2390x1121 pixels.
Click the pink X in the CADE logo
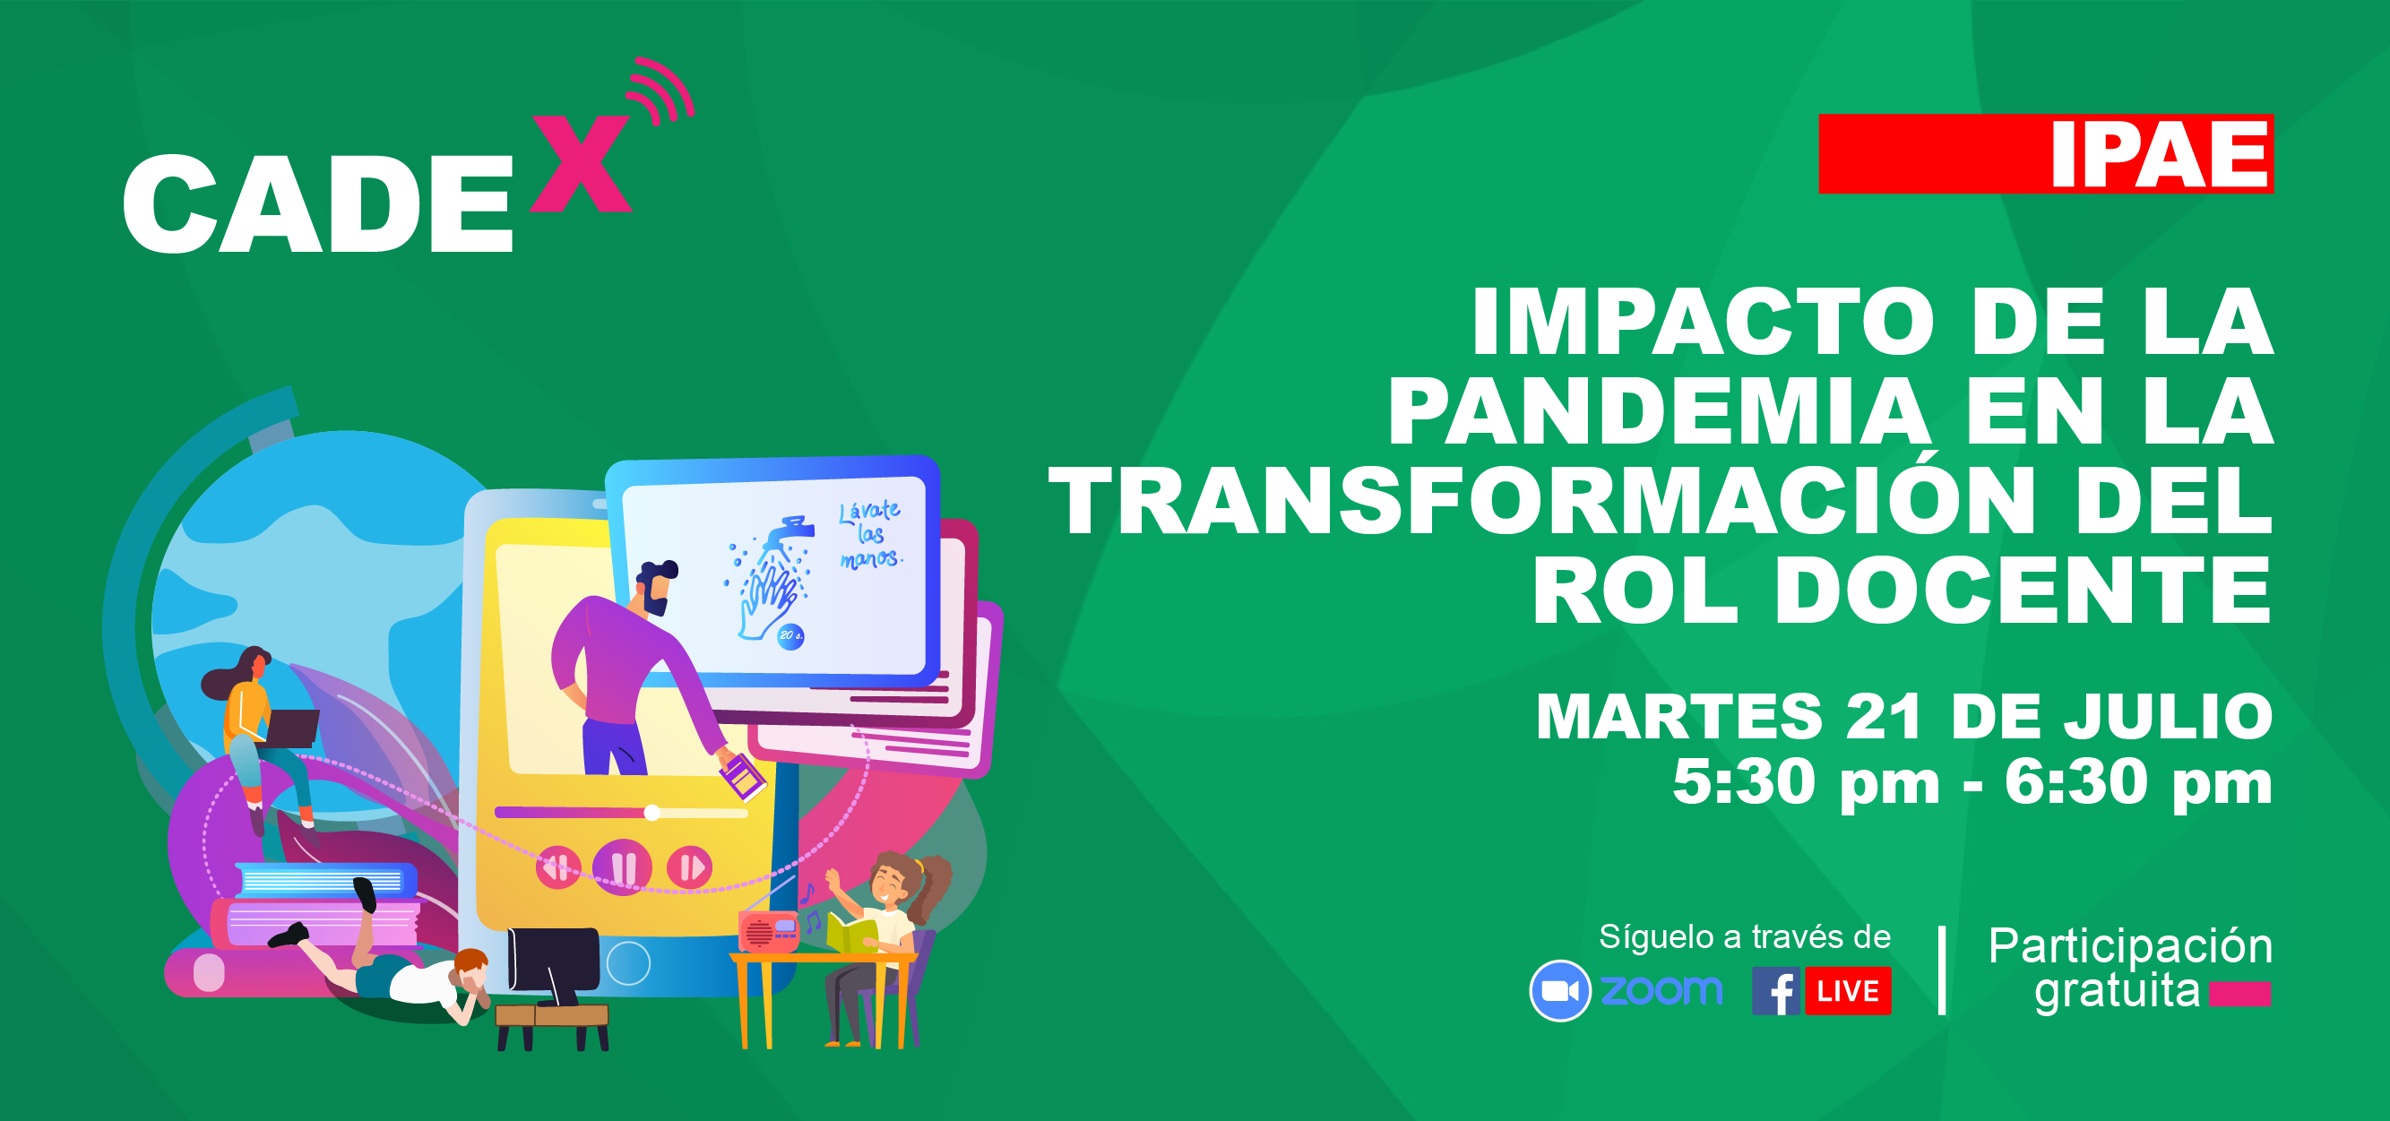[582, 163]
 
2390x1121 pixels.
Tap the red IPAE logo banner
[2046, 154]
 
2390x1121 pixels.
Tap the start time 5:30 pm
[1806, 782]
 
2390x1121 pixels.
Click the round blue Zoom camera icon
[1559, 991]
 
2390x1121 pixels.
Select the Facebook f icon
[1776, 991]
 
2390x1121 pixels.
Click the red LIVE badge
[1847, 991]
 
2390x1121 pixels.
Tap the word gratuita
[2117, 991]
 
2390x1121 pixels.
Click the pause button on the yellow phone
[623, 867]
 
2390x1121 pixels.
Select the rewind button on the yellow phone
[557, 867]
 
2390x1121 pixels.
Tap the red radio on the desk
[767, 931]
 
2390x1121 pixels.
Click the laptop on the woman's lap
[288, 729]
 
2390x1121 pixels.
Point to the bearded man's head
[657, 586]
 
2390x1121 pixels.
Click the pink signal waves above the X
[661, 90]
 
